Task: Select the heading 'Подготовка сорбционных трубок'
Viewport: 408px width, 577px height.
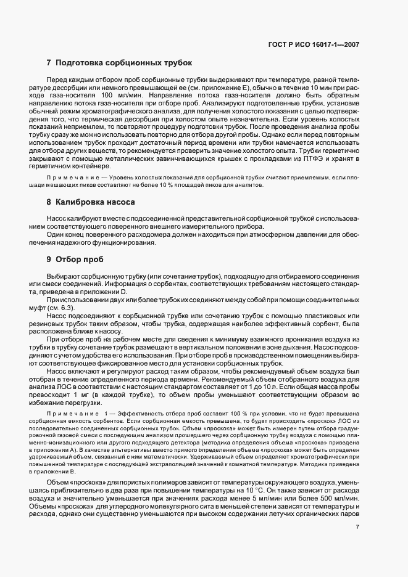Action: (x=124, y=63)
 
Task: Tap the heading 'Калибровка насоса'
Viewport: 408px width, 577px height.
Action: (x=94, y=202)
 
